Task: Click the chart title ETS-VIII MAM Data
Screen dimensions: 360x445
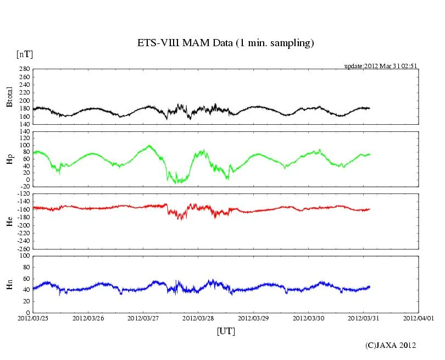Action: click(x=225, y=43)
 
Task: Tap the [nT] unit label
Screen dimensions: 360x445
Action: click(x=24, y=54)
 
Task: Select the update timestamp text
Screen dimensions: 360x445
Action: click(x=381, y=65)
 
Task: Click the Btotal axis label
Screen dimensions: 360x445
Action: click(x=9, y=97)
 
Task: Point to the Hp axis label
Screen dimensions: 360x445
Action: click(x=9, y=159)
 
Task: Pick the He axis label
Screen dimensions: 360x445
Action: click(x=9, y=221)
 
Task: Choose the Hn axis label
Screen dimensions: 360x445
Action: click(x=9, y=284)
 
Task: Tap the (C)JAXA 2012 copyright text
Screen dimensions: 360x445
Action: click(x=391, y=345)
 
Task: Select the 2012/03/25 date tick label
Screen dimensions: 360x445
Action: click(x=33, y=318)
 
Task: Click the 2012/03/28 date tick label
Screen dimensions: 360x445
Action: click(x=198, y=318)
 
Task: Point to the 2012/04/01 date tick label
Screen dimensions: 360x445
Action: click(x=419, y=318)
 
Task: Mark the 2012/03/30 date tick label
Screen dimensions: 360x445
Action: click(x=308, y=318)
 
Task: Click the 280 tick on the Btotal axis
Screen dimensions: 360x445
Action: click(x=24, y=69)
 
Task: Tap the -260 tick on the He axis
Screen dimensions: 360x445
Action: click(x=23, y=248)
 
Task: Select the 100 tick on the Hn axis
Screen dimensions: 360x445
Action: click(x=24, y=256)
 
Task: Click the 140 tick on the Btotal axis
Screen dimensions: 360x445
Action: click(x=24, y=124)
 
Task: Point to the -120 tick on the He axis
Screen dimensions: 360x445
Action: click(x=23, y=194)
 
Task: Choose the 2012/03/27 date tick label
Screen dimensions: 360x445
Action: click(x=143, y=318)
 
